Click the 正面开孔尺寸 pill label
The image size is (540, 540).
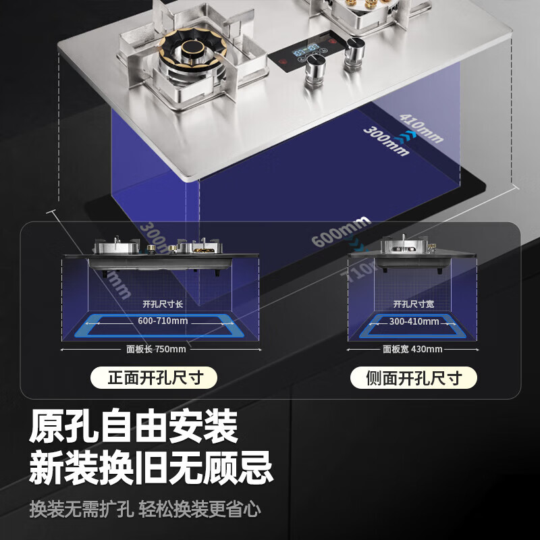coord(155,377)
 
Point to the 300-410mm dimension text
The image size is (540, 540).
coord(412,321)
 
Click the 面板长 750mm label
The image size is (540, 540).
coord(156,349)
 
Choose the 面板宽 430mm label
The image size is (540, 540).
coord(412,349)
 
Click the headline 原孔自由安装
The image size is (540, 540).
coord(134,427)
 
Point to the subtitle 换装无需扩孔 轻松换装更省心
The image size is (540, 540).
coord(145,508)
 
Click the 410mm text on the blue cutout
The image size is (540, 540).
coord(421,127)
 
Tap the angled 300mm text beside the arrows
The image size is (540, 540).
coord(386,141)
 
